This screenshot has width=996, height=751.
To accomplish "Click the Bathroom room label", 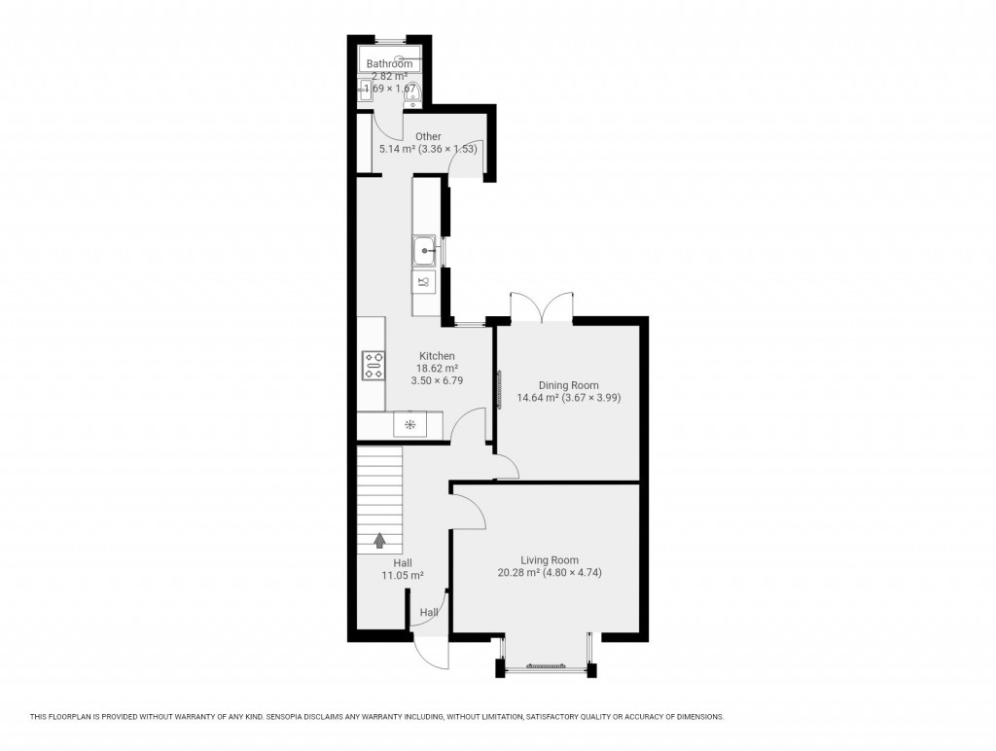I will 389,64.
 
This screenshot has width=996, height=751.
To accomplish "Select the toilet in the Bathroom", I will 410,94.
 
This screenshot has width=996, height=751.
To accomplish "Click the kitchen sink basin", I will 425,252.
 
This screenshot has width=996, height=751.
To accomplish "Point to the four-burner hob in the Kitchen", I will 373,366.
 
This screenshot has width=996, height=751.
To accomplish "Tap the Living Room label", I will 550,560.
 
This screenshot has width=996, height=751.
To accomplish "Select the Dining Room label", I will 569,385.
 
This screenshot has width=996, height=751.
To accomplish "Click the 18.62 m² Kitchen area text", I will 437,369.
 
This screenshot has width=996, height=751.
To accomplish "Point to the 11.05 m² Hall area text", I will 403,576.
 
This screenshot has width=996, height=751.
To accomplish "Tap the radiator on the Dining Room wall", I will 500,389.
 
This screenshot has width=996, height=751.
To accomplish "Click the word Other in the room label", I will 428,136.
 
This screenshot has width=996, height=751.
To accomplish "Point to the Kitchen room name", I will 437,356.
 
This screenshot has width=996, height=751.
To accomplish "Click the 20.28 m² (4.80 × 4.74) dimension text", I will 550,573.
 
